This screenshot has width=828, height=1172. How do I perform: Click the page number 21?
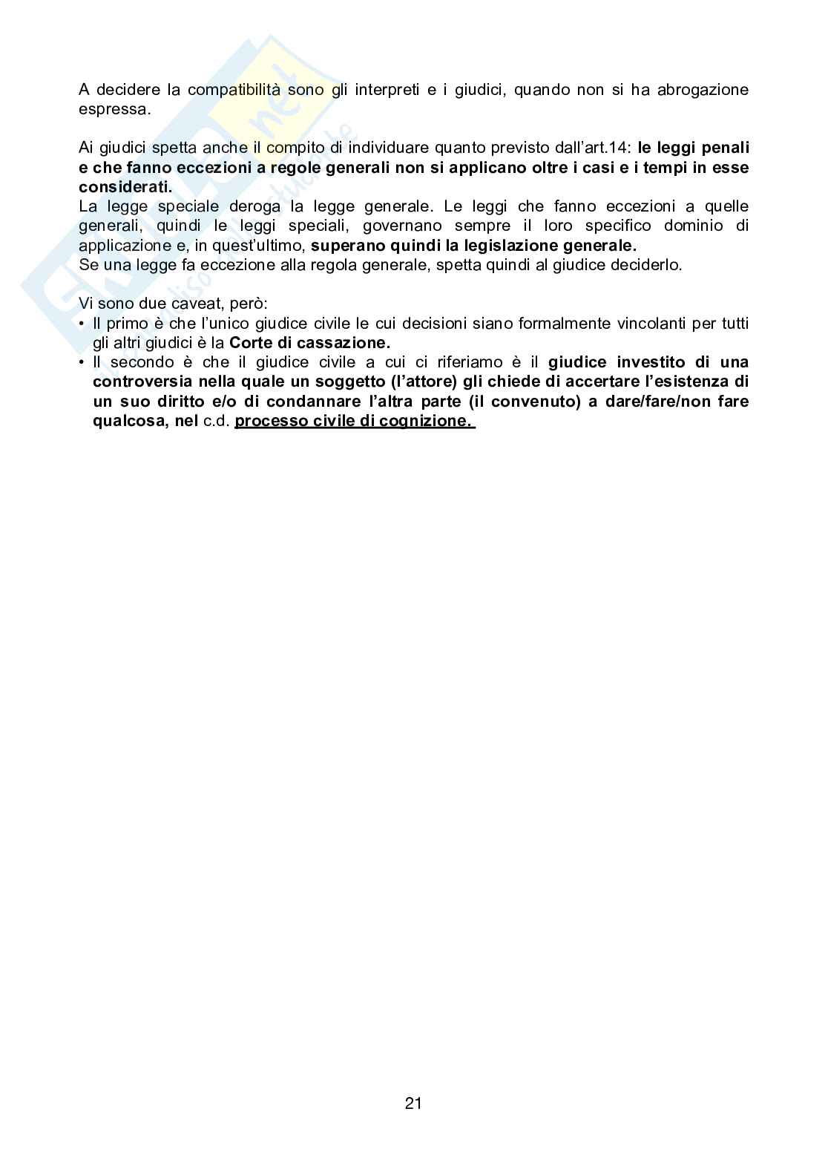pos(413,1103)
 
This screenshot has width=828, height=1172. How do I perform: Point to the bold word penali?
pos(725,148)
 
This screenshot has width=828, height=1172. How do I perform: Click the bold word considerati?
pos(125,186)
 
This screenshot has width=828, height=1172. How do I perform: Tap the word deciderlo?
pos(645,264)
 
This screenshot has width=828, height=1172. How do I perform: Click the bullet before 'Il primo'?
pos(82,324)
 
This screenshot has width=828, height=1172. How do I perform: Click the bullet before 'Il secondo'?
pos(82,362)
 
